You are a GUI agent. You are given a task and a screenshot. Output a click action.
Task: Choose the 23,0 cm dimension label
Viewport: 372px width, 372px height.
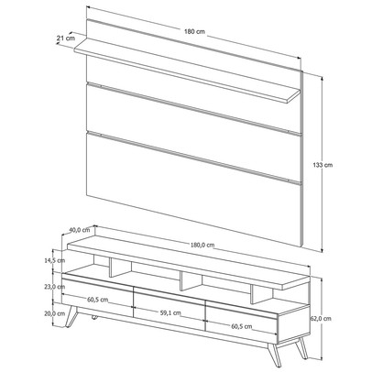(x=53, y=287)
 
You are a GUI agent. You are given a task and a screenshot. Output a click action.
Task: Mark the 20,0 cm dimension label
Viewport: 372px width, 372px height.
(x=53, y=312)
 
